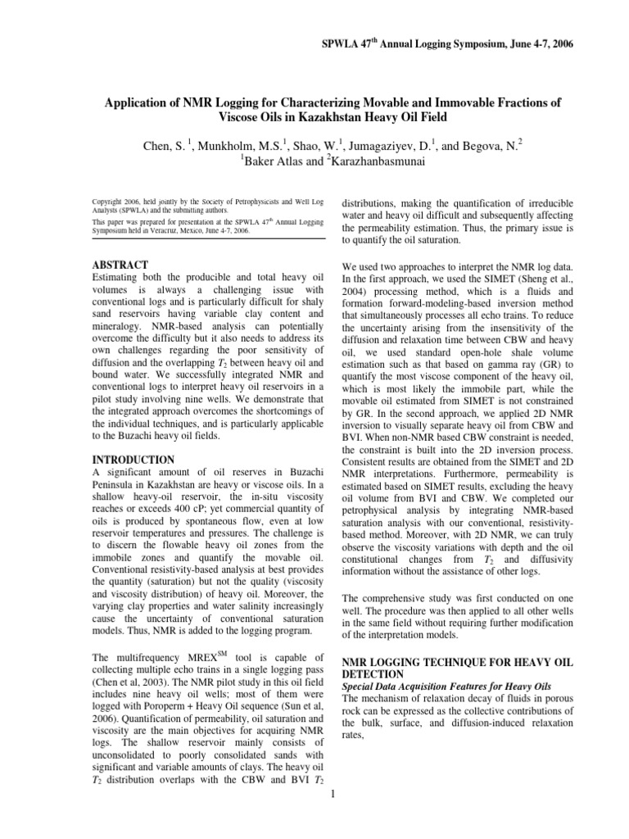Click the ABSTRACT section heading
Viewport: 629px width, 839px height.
[120, 265]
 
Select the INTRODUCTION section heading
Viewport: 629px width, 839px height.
[133, 460]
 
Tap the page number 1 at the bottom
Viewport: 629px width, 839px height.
[327, 794]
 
